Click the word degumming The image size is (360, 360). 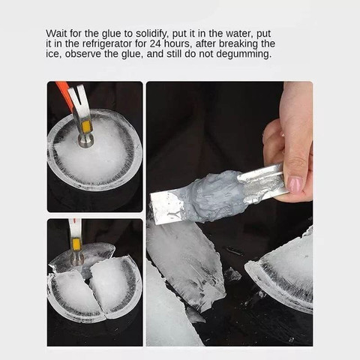tap(244, 54)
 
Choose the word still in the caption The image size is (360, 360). tap(178, 54)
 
